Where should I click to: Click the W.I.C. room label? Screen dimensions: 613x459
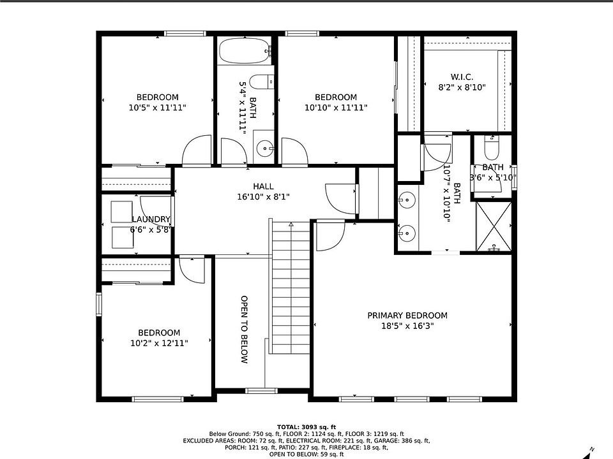point(462,77)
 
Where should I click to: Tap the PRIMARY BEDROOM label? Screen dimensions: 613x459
point(407,316)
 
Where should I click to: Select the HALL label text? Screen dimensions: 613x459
point(263,187)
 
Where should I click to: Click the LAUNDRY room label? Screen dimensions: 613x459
point(151,219)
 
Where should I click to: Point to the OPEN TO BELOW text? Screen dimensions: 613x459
point(244,330)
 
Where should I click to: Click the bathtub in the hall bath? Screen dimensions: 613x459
point(245,51)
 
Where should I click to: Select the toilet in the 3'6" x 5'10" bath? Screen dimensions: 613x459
point(492,147)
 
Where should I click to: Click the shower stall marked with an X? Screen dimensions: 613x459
point(494,226)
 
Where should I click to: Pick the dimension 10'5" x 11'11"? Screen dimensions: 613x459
point(158,107)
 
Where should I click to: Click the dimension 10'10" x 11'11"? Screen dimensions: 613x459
point(336,107)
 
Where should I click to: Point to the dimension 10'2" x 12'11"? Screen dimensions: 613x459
point(159,343)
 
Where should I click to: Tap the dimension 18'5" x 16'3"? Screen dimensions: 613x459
point(407,326)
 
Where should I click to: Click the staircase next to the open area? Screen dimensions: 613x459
point(291,288)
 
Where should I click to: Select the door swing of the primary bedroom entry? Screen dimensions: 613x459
point(330,235)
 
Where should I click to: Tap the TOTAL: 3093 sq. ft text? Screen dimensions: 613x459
point(306,427)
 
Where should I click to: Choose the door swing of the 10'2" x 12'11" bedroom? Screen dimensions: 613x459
point(192,270)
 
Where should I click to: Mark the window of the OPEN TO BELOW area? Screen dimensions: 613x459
point(261,391)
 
